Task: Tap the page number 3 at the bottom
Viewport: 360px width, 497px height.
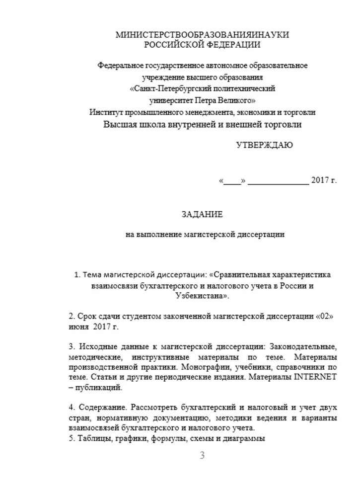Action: click(202, 456)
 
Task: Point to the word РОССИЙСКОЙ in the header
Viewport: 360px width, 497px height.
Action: click(172, 45)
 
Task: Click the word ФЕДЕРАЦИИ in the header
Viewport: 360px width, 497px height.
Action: click(232, 45)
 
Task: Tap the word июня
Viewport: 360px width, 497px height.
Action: click(76, 328)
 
